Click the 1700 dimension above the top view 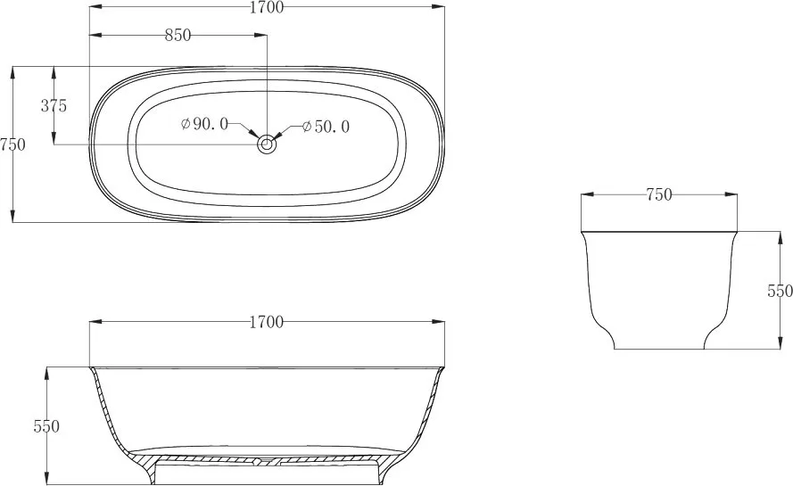tap(267, 7)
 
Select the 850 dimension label tap(178, 35)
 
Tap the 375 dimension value tap(54, 106)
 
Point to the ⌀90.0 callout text tap(205, 123)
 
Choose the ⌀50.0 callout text tap(326, 127)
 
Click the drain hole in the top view tap(267, 144)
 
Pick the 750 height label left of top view tap(12, 144)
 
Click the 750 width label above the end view tap(659, 194)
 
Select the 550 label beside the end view tap(780, 291)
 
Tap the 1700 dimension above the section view tap(267, 322)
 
